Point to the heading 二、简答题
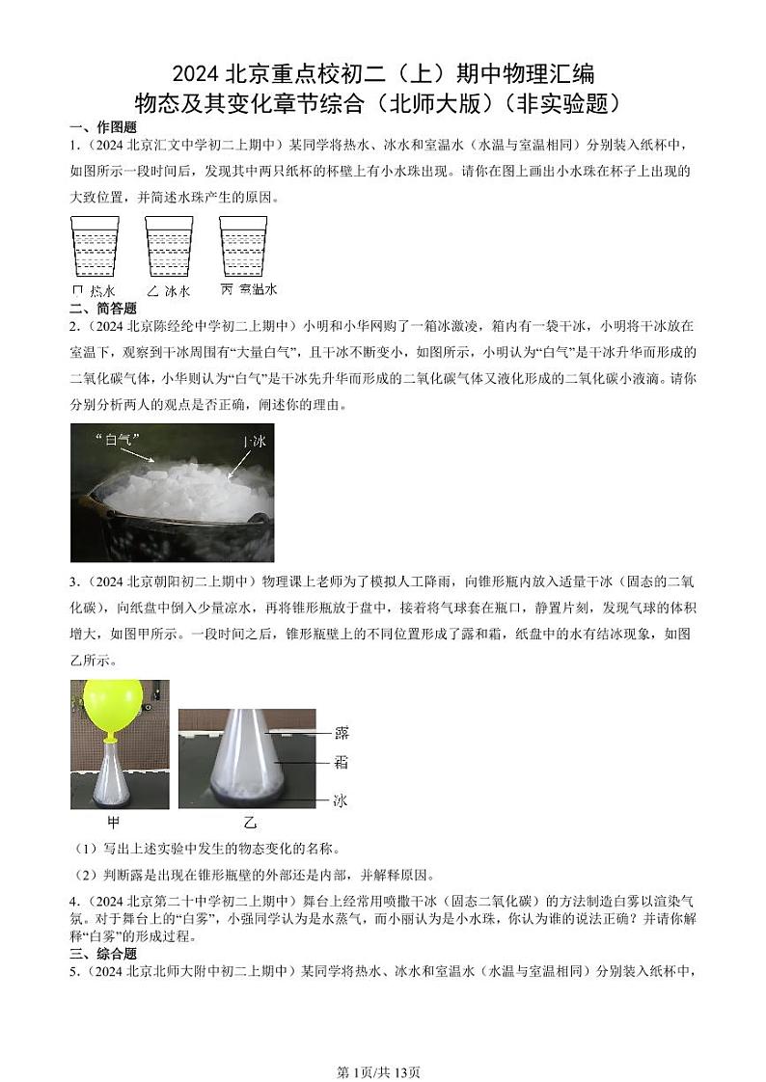(x=103, y=308)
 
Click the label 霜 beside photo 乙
(x=340, y=763)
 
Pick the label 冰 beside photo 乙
(x=340, y=799)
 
